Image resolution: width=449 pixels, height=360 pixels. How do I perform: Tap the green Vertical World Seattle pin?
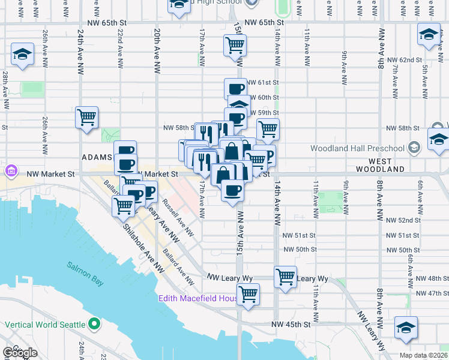94,325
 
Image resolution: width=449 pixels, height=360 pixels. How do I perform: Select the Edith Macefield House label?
196,298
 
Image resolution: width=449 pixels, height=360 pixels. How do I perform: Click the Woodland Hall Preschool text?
358,148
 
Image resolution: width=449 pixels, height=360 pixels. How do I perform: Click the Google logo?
20,353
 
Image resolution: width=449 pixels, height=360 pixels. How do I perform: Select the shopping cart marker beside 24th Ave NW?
86,116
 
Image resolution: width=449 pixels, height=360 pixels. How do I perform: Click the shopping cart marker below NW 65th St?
235,45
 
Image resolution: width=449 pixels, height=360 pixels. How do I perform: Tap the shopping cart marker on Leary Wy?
285,277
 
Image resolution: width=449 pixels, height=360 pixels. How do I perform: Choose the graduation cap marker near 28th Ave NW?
22,55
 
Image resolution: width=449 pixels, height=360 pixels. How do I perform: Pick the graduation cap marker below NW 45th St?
406,327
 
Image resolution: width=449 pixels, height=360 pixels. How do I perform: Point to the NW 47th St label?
431,293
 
